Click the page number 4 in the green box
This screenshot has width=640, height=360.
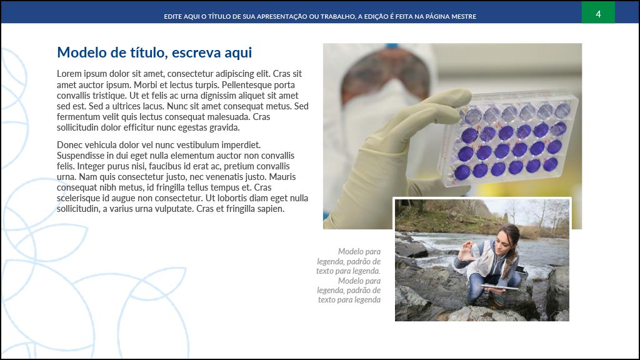(x=598, y=14)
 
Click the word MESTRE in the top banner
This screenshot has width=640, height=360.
(x=463, y=17)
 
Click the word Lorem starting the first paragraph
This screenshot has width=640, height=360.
(x=69, y=74)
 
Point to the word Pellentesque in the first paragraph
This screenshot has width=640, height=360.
(x=246, y=85)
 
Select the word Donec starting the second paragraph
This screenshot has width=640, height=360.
(x=69, y=145)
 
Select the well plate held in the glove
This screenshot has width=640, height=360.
(x=509, y=139)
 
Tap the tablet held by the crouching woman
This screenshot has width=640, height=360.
(x=499, y=287)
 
